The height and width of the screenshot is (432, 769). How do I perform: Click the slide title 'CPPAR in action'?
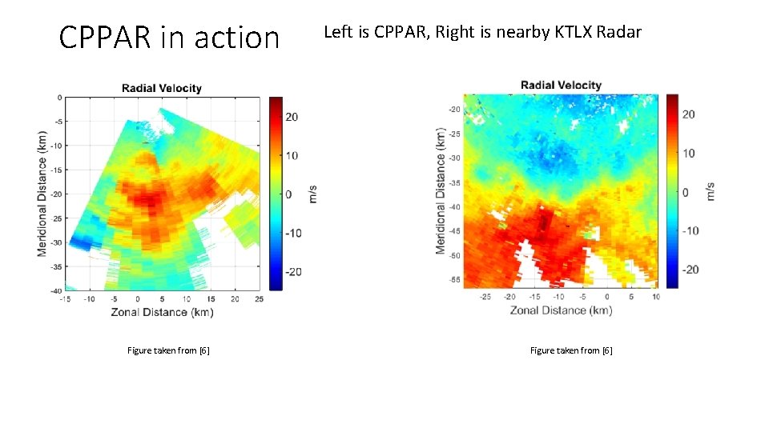pyautogui.click(x=169, y=37)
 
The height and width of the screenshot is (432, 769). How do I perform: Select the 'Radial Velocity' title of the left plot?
pyautogui.click(x=162, y=88)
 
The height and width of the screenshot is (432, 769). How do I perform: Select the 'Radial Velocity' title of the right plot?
pyautogui.click(x=561, y=85)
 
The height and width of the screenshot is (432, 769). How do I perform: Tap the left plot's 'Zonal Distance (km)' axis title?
pyautogui.click(x=162, y=312)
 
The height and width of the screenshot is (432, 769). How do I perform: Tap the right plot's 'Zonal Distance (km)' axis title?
pyautogui.click(x=560, y=310)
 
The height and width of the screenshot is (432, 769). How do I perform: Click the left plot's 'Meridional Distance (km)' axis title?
pyautogui.click(x=42, y=194)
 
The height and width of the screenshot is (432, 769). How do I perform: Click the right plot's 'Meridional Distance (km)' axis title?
pyautogui.click(x=440, y=190)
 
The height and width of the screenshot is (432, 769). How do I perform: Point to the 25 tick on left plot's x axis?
pyautogui.click(x=259, y=299)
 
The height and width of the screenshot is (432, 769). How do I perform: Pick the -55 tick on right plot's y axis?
pyautogui.click(x=454, y=281)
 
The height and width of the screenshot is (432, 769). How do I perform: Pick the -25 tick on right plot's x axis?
pyautogui.click(x=485, y=297)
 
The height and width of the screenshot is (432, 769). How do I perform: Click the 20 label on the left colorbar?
pyautogui.click(x=292, y=117)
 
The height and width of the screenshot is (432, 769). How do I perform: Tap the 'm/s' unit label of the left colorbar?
pyautogui.click(x=313, y=194)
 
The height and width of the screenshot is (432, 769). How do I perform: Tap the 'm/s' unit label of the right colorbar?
pyautogui.click(x=711, y=191)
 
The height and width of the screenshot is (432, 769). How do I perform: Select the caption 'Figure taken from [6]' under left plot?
pyautogui.click(x=168, y=350)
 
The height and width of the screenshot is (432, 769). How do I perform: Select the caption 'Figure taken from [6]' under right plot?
pyautogui.click(x=571, y=350)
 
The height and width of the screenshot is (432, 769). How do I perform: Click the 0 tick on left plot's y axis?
pyautogui.click(x=59, y=97)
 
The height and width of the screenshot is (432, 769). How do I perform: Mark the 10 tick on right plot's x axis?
pyautogui.click(x=656, y=297)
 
